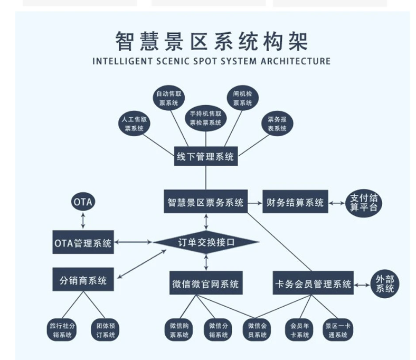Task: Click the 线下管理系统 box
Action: tap(206, 157)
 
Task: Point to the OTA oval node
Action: tap(83, 202)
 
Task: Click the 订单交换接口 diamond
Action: tap(206, 243)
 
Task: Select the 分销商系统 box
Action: tap(83, 280)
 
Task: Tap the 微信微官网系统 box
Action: tap(205, 284)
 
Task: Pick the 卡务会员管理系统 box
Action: tap(313, 284)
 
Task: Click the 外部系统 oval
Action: tap(384, 284)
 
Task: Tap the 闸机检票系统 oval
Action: tap(242, 98)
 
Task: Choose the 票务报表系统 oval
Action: tap(277, 124)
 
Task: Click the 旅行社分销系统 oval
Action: tap(63, 330)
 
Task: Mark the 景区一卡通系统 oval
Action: tap(337, 330)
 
